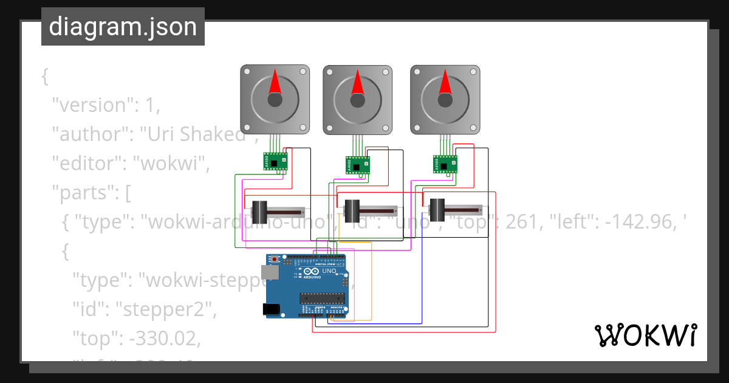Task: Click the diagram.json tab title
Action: [x=123, y=27]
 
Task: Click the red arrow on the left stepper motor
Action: [x=275, y=82]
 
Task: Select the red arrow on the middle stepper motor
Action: [x=357, y=83]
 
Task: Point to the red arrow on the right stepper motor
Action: [x=445, y=81]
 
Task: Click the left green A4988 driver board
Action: [x=275, y=161]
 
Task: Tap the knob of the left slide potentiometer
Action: [x=261, y=212]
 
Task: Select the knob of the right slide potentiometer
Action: [x=437, y=210]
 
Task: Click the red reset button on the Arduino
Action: [x=275, y=260]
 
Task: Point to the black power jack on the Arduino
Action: [x=272, y=309]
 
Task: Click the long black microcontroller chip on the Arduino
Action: [x=321, y=298]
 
